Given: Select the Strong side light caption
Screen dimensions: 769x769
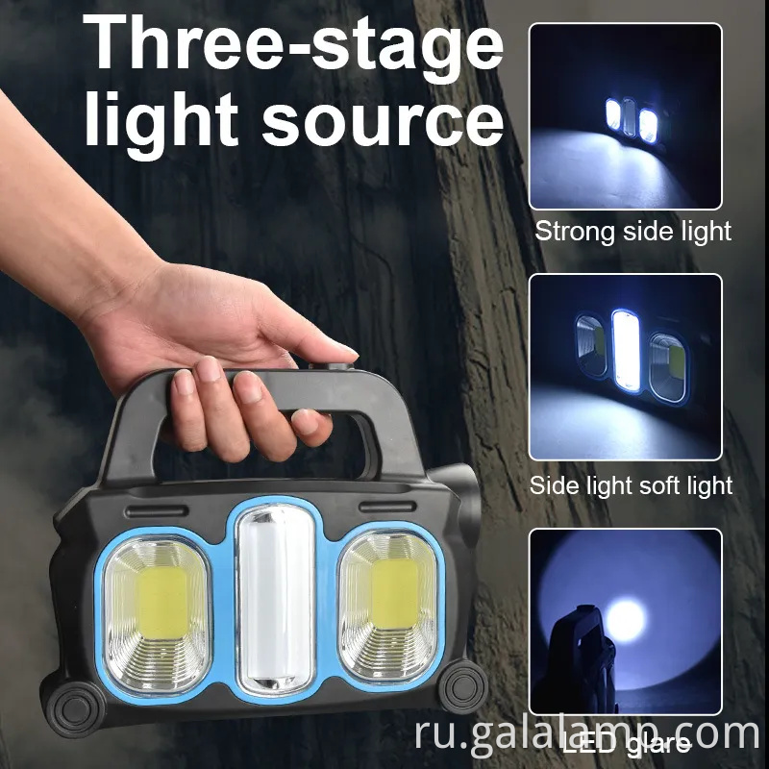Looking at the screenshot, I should click(633, 232).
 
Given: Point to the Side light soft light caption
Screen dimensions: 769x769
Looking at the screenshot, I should click(631, 485).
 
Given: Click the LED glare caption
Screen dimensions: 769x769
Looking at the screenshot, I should click(625, 743).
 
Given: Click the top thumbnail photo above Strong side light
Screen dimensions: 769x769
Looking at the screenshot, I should click(625, 116).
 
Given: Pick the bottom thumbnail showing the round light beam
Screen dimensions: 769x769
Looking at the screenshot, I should click(625, 625).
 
